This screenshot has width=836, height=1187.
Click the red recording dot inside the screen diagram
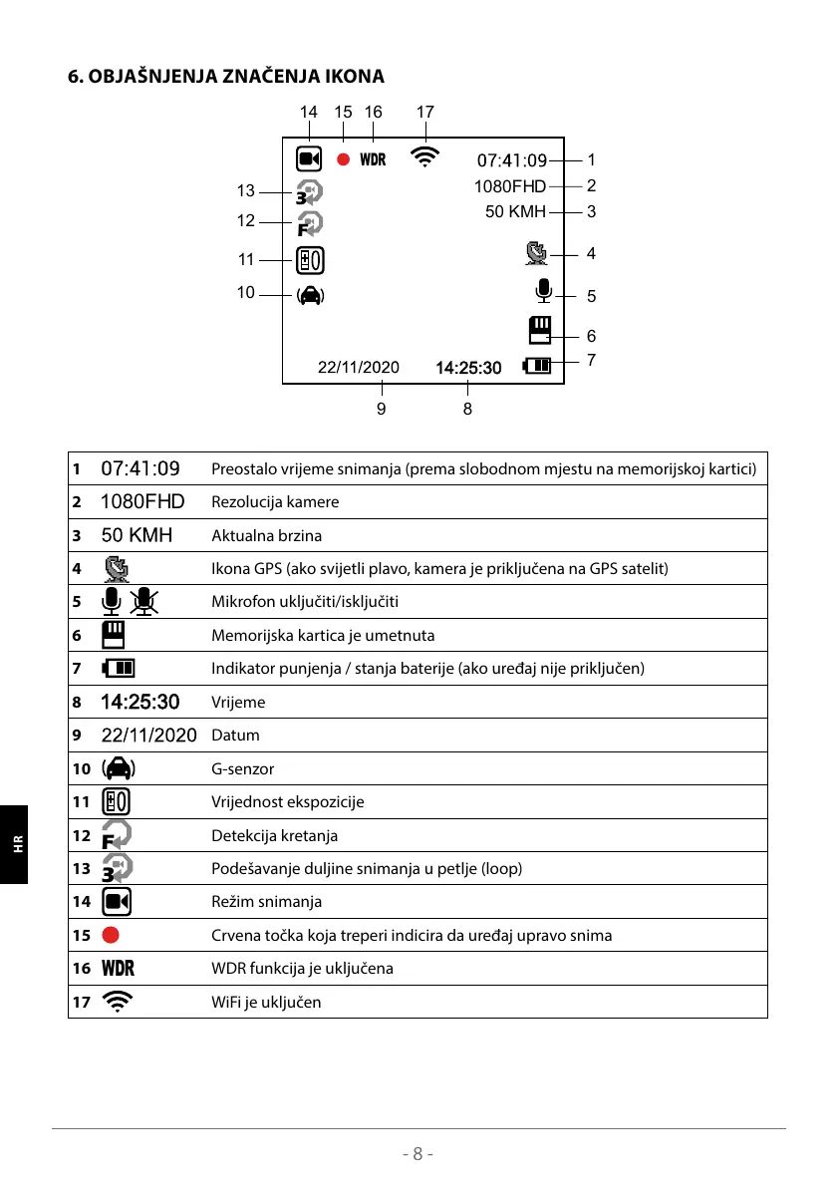(343, 159)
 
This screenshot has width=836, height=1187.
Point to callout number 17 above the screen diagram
(425, 113)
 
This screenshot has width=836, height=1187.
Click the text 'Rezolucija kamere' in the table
(275, 502)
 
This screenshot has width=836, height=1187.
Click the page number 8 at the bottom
(418, 1154)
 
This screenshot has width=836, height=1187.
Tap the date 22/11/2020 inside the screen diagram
(358, 368)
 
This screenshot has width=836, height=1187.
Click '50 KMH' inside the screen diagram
(515, 211)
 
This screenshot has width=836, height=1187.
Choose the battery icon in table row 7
(119, 669)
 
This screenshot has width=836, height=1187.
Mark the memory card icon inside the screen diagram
(539, 330)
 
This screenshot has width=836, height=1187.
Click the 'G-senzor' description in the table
(242, 768)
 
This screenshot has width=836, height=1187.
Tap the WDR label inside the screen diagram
(373, 159)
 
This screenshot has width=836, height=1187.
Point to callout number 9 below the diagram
(381, 408)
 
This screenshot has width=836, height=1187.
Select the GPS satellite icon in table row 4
(117, 568)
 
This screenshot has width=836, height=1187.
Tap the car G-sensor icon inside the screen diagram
(310, 294)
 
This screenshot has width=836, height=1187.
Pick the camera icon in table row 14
(117, 902)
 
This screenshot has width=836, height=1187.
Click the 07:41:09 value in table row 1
(140, 468)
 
